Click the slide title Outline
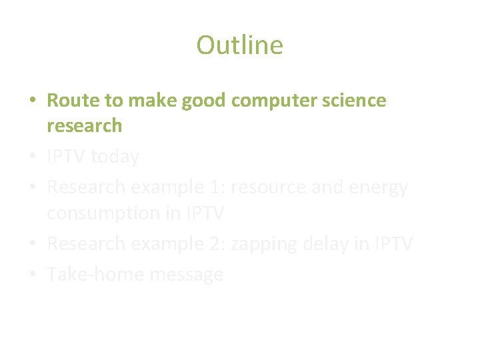tap(239, 45)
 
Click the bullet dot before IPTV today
tap(33, 158)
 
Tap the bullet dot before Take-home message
tap(33, 275)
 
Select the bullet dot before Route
tap(33, 101)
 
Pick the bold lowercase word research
tap(85, 125)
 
